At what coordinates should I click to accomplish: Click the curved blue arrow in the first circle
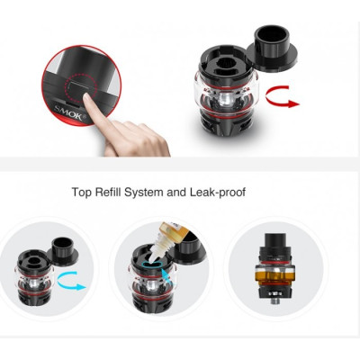click(x=71, y=283)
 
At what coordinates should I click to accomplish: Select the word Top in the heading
click(x=81, y=192)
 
